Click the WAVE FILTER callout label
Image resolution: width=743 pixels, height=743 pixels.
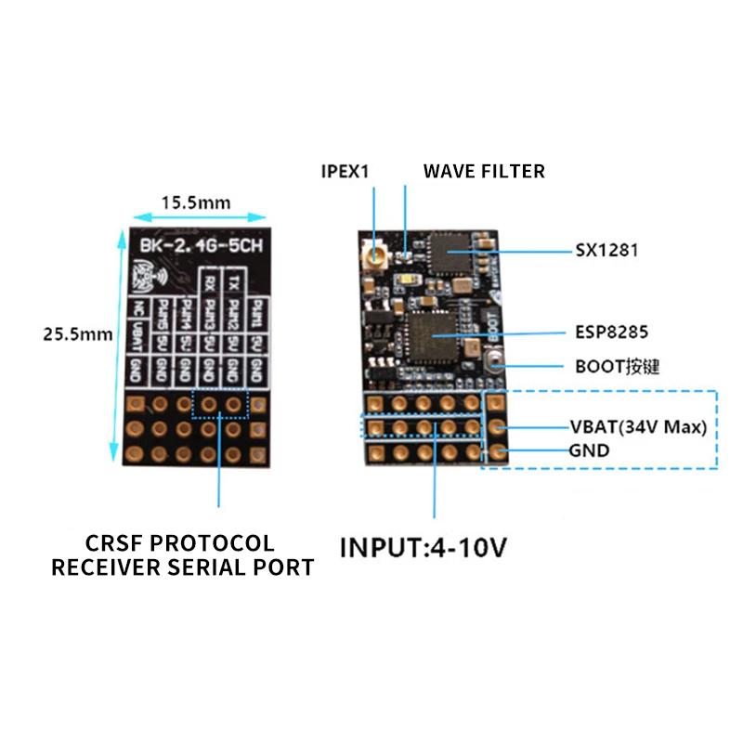point(484,171)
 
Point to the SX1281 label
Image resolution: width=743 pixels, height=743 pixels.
point(607,251)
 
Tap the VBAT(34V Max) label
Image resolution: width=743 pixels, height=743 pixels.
point(639,428)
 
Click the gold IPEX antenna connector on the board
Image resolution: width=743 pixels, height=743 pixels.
point(379,252)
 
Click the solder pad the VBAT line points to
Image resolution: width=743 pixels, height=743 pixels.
point(498,428)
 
